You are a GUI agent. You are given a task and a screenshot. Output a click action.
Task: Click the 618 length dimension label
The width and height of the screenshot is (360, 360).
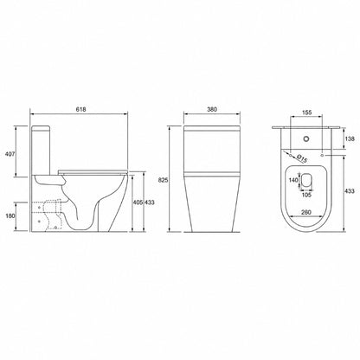pyautogui.click(x=80, y=109)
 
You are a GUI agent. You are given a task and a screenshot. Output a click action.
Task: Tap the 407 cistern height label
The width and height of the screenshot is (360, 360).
pyautogui.click(x=10, y=154)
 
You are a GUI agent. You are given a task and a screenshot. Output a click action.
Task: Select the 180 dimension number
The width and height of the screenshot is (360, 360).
pyautogui.click(x=10, y=215)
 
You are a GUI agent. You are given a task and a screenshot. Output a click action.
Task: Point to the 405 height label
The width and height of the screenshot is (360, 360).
pyautogui.click(x=138, y=202)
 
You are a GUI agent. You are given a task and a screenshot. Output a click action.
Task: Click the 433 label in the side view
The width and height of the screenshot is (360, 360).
pyautogui.click(x=149, y=202)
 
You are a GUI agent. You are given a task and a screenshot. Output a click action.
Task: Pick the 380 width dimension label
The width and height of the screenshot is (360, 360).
pyautogui.click(x=212, y=109)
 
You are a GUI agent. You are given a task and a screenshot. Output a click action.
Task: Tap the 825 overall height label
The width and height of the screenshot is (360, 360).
pyautogui.click(x=163, y=180)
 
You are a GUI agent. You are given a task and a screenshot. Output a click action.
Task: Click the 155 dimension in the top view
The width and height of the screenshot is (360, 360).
pyautogui.click(x=306, y=112)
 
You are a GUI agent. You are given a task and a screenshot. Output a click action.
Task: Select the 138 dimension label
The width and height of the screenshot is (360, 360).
pyautogui.click(x=350, y=138)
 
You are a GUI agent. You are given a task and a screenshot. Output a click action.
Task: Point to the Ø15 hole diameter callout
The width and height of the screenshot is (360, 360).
pyautogui.click(x=301, y=158)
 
